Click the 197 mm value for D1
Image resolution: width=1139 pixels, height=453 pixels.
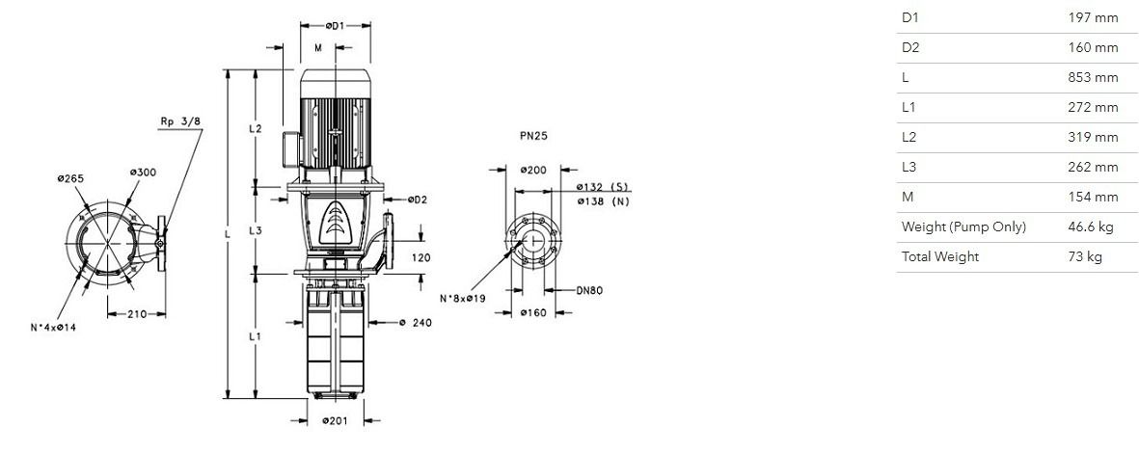1093,17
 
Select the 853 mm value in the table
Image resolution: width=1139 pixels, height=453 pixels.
1093,78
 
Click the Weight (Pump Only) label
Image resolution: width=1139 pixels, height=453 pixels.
963,226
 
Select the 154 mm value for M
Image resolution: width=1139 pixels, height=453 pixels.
1093,197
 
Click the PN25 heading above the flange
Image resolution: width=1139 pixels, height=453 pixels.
534,135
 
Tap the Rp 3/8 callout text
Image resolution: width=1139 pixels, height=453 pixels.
180,122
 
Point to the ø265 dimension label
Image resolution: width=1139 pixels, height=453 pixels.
70,178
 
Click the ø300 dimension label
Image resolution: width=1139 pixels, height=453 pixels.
143,173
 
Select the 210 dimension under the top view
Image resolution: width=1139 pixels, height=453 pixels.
137,314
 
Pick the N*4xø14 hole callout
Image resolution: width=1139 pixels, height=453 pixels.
53,328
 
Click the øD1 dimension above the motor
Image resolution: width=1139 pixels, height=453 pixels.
335,26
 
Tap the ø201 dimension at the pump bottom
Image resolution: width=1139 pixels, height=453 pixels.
335,421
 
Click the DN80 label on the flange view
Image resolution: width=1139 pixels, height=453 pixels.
589,290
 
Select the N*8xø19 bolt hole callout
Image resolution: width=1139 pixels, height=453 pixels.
463,298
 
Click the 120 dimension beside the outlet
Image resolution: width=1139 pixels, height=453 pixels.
420,257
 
